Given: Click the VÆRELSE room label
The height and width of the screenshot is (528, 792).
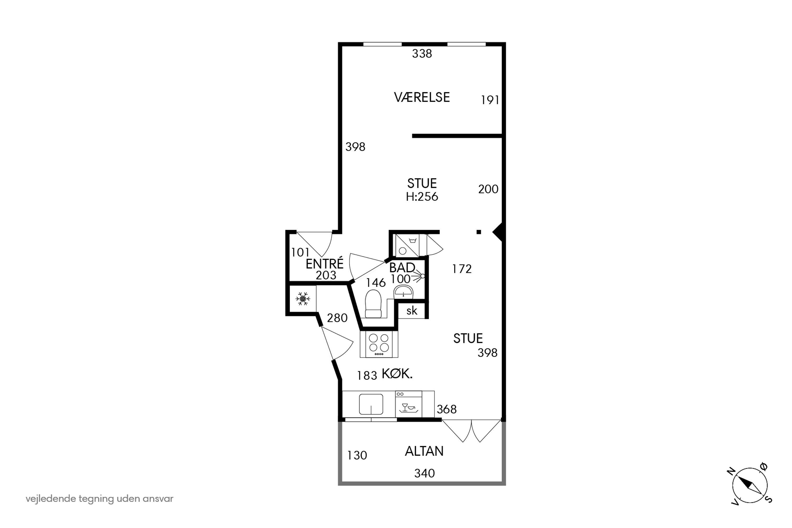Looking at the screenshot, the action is point(422,97).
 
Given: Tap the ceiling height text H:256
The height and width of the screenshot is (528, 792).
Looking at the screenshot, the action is point(422,197).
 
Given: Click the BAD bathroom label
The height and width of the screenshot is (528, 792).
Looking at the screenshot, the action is point(402,268).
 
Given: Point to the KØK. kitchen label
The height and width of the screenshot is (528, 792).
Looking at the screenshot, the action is point(397,374).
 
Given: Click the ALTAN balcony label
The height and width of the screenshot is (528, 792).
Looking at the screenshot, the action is point(424,451).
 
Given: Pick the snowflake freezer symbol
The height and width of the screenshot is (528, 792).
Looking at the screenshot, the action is point(303,299).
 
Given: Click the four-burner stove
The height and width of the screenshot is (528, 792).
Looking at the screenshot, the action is point(379,344).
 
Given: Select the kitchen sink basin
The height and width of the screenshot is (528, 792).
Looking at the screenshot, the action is point(371,404).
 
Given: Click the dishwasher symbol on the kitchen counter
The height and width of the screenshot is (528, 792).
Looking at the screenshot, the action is point(408,404).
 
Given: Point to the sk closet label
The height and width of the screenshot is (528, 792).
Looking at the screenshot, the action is point(412,311).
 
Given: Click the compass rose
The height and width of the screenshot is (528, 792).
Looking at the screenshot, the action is point(750,485).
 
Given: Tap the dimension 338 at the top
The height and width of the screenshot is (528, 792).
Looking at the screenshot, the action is point(422,54).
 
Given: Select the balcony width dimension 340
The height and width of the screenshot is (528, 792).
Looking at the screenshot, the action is point(424,473).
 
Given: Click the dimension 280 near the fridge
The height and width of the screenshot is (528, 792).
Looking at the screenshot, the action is point(337,318).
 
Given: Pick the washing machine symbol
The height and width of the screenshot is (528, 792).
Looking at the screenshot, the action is point(407,246).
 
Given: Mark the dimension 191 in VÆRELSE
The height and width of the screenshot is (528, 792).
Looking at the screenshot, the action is point(490,100).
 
